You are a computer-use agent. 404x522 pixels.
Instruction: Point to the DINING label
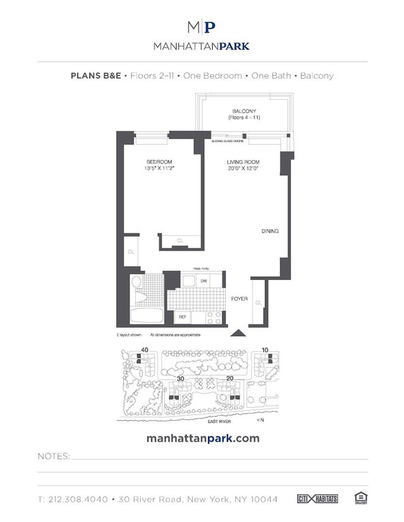270,232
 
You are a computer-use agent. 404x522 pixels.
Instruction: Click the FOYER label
240,298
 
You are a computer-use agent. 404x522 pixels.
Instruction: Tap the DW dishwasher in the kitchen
204,280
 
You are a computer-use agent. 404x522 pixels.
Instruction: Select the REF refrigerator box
182,317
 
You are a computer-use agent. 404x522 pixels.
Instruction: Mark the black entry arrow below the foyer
237,333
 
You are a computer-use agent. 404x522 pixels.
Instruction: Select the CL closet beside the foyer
258,302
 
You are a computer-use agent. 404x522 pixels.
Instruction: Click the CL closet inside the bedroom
180,241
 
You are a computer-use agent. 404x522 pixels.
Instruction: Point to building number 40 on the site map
144,350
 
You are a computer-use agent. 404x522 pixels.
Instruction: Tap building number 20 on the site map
230,379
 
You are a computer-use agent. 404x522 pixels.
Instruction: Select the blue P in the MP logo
211,28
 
